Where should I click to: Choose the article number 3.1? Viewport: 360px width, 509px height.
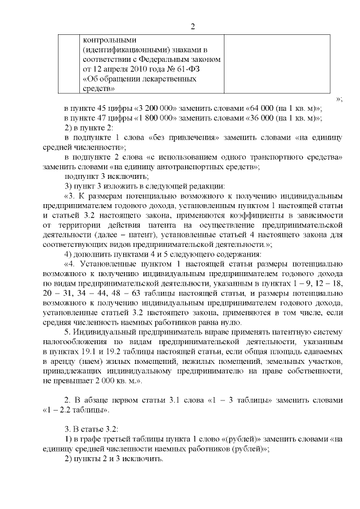click(178, 400)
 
